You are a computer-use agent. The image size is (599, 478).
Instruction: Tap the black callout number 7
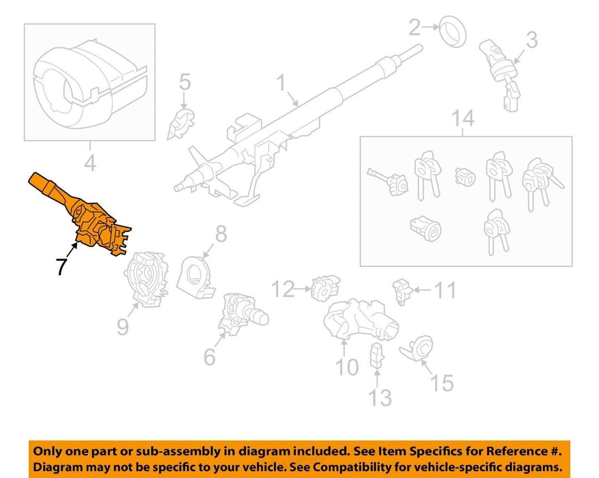pos(61,266)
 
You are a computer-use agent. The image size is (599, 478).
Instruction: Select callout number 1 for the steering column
pos(281,83)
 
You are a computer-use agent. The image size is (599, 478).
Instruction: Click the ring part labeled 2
pos(452,31)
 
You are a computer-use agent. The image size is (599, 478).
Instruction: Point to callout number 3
pos(532,40)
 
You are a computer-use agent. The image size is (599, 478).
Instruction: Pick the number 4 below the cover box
pos(89,163)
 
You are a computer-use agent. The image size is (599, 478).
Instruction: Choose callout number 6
pos(210,356)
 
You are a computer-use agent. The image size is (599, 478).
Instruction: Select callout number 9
pos(123,327)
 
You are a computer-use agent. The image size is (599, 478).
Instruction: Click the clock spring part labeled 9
pos(147,278)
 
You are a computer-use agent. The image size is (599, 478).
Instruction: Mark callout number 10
pos(347,367)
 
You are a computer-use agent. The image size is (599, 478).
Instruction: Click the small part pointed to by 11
pos(402,292)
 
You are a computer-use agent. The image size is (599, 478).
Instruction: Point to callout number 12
pos(283,289)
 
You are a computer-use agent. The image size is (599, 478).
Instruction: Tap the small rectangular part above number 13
pos(376,355)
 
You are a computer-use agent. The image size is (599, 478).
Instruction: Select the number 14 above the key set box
pos(462,118)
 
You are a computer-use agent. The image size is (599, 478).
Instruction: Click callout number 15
pos(442,382)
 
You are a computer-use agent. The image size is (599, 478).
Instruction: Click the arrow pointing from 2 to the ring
pos(431,27)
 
